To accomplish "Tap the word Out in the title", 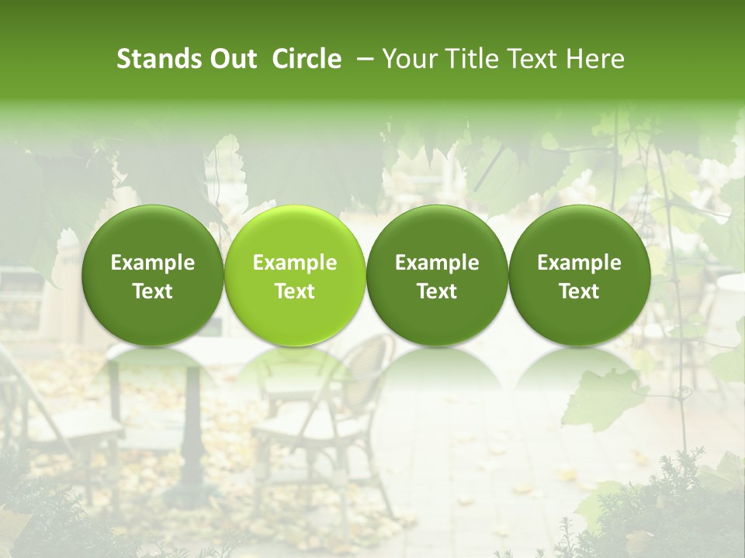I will click(231, 59).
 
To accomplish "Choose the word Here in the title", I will click(596, 59).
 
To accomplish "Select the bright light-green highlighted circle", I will click(295, 275).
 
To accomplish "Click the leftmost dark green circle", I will click(153, 275).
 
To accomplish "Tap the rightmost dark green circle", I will click(579, 275).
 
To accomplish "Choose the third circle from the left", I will click(437, 275).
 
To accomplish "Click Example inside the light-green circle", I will click(295, 263).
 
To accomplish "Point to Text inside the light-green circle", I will click(295, 291).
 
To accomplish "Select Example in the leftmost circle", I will click(153, 263).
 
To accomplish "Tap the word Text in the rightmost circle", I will click(579, 291).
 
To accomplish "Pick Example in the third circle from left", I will click(437, 263).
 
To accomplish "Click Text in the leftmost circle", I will click(153, 291).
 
